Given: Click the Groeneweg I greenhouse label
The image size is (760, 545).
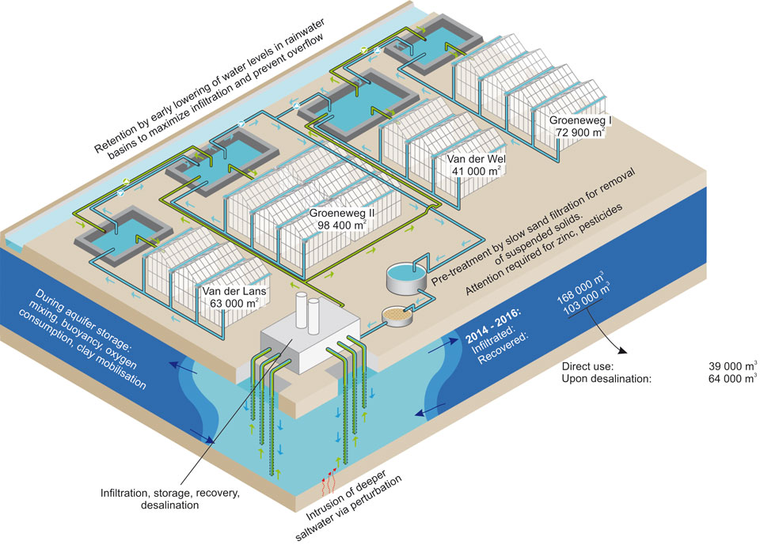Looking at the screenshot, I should coord(574,125).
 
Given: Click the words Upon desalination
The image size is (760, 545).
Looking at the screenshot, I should coord(606,380).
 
